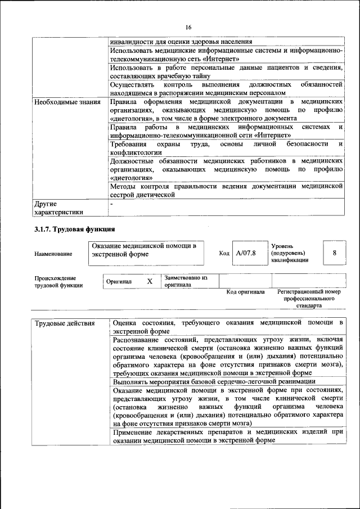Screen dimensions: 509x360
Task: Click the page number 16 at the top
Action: click(x=188, y=28)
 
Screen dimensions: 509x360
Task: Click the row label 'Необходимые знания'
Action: click(x=67, y=102)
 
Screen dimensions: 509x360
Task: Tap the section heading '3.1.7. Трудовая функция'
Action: click(x=74, y=229)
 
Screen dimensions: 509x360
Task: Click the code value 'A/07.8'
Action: click(x=246, y=253)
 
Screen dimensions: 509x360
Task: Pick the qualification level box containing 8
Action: click(x=334, y=253)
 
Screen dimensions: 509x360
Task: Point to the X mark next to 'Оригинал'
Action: click(x=150, y=281)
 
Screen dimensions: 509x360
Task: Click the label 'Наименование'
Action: click(x=53, y=254)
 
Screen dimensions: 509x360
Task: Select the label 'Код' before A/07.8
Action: click(x=224, y=254)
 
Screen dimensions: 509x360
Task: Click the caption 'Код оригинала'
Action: click(x=245, y=292)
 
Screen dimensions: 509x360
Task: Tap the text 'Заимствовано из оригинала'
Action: click(x=186, y=281)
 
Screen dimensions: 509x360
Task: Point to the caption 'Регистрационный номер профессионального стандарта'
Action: click(x=309, y=299)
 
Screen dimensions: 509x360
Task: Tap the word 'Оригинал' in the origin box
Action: click(x=119, y=281)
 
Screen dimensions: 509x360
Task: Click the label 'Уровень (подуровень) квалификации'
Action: click(x=289, y=253)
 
